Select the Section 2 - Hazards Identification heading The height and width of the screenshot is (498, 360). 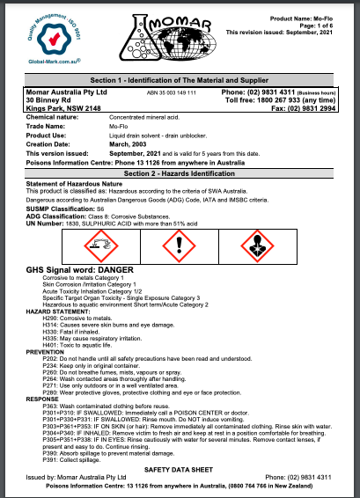coord(180,150)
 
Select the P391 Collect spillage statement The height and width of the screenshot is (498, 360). coord(74,458)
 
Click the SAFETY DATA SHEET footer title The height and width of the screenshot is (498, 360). coord(180,471)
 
